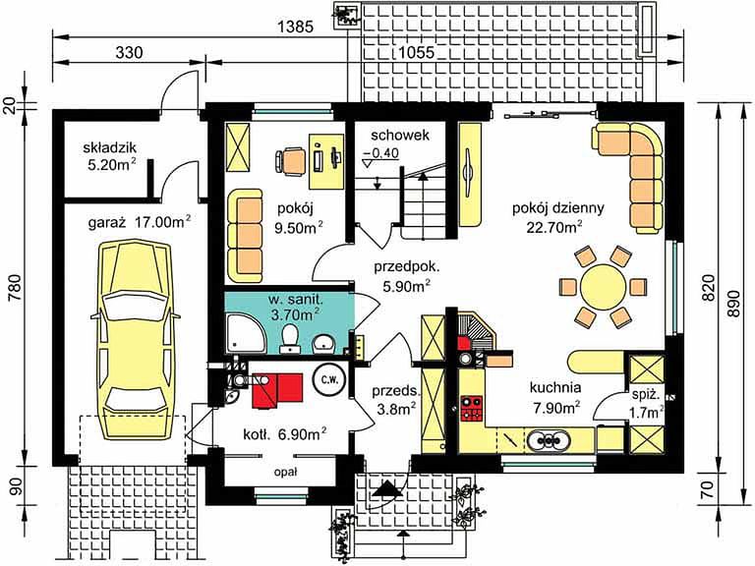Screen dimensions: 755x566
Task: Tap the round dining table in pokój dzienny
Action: click(x=604, y=287)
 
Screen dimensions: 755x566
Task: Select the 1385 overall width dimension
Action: click(x=296, y=27)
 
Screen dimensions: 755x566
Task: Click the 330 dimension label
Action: click(x=129, y=52)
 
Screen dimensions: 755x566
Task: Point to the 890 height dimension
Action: click(x=733, y=304)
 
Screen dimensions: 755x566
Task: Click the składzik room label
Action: click(x=110, y=146)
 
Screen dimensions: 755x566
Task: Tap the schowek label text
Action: click(x=400, y=136)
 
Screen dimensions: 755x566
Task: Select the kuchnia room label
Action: click(x=555, y=387)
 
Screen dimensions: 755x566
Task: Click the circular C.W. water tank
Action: click(x=330, y=378)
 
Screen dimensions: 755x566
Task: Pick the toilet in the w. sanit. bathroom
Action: click(x=290, y=335)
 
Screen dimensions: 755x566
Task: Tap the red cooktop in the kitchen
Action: click(x=472, y=408)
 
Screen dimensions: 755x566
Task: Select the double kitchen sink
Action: click(x=548, y=440)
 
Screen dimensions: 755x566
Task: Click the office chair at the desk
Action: click(x=290, y=159)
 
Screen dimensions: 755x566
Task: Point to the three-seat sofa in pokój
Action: click(x=245, y=236)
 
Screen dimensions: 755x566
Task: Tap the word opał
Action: click(x=285, y=473)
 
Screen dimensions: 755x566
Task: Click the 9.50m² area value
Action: click(x=299, y=227)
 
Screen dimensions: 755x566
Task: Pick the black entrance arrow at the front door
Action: click(x=387, y=490)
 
